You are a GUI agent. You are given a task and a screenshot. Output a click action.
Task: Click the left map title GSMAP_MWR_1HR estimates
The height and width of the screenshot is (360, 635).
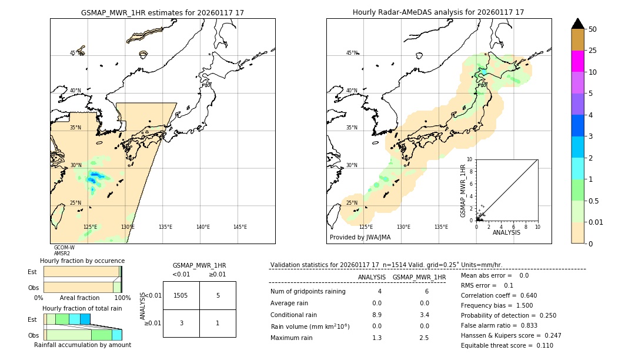[162, 12]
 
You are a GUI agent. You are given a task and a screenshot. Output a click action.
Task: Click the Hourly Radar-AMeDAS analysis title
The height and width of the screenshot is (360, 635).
[438, 12]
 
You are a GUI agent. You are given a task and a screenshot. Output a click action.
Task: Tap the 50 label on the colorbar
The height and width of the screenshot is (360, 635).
[593, 29]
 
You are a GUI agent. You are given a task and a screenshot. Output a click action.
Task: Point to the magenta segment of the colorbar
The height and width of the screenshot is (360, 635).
[578, 61]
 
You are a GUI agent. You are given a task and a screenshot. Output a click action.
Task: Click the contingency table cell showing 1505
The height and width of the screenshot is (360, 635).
[181, 295]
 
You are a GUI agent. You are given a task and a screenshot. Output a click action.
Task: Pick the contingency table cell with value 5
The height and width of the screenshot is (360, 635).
[218, 295]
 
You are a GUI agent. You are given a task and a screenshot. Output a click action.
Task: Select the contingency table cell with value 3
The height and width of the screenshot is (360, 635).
[181, 323]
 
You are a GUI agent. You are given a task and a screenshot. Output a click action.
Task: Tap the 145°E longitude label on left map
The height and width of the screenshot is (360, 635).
[240, 227]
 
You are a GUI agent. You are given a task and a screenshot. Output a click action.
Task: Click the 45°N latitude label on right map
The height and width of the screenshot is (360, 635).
[352, 53]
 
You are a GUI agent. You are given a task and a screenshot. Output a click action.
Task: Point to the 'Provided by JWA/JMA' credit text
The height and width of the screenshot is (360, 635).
[360, 238]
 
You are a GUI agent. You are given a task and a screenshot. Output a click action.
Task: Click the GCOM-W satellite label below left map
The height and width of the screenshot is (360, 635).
[64, 248]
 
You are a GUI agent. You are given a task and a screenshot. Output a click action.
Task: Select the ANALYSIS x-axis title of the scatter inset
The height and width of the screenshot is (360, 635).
[506, 232]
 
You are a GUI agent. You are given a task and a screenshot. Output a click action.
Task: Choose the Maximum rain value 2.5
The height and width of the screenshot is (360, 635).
[423, 338]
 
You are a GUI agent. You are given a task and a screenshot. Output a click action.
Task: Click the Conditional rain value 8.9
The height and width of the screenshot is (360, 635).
[376, 315]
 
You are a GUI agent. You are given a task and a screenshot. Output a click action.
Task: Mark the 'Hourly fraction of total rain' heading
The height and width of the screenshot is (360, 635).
[82, 308]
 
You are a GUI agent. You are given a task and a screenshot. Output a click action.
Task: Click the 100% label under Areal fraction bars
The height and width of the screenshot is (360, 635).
[122, 298]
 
